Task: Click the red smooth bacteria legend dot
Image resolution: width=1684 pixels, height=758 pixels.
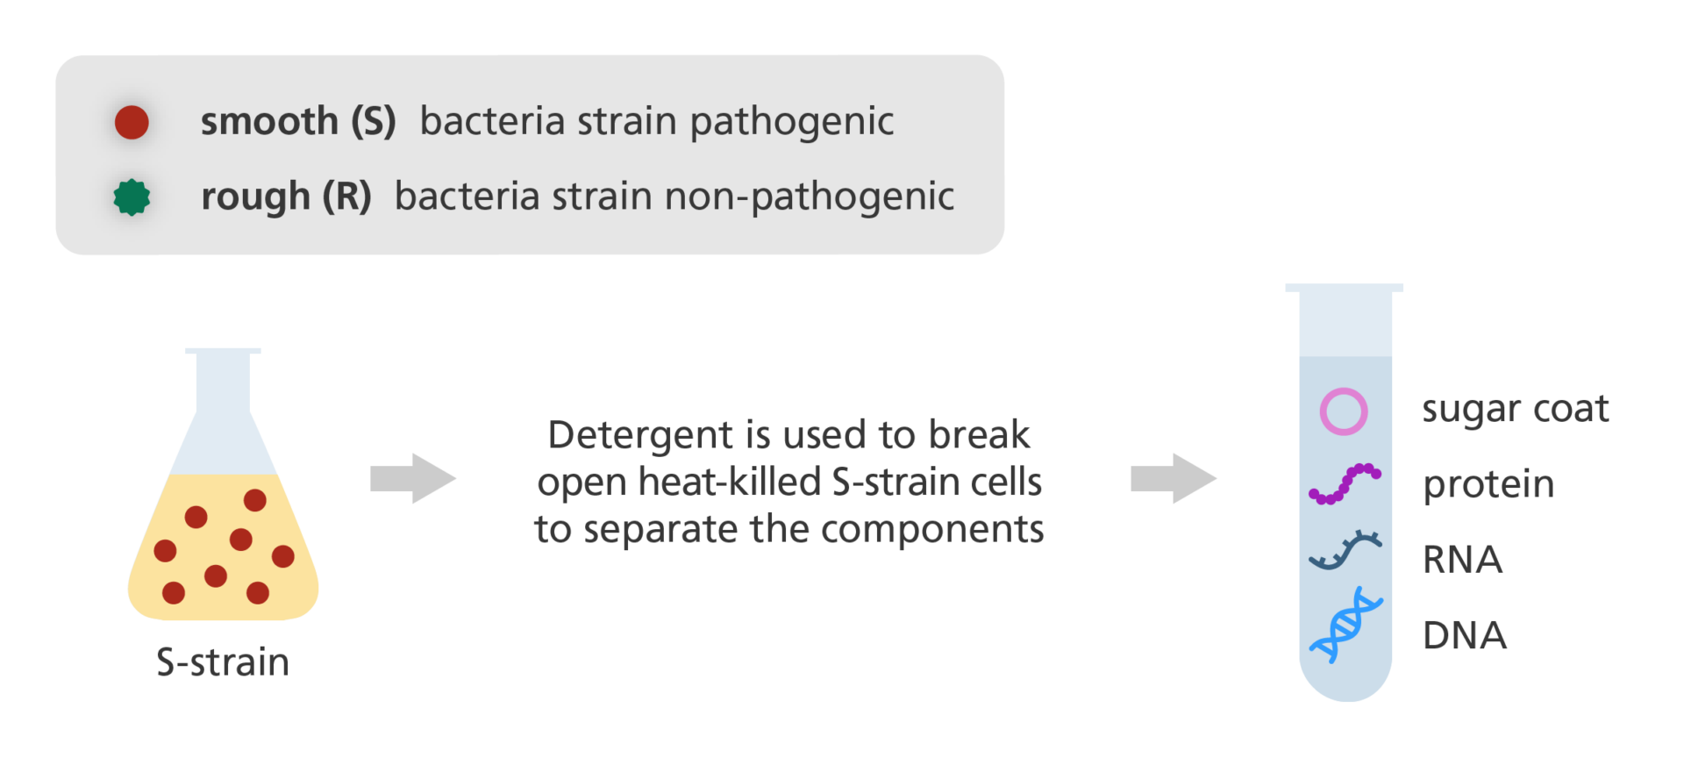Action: point(132,122)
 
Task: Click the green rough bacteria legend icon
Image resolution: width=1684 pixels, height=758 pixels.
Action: point(132,197)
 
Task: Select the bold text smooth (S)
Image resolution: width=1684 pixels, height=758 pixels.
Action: point(298,121)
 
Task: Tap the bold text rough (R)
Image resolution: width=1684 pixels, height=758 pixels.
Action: point(286,197)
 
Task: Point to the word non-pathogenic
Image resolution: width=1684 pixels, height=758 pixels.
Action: point(810,197)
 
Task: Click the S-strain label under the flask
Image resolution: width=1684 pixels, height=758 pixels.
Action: point(223,662)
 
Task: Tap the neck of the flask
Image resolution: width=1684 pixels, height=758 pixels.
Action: point(223,386)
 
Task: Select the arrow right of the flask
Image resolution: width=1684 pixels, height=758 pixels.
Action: point(413,478)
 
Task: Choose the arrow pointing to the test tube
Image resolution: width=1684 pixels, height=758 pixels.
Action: point(1174,478)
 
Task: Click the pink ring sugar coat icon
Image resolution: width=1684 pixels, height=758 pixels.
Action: point(1344,411)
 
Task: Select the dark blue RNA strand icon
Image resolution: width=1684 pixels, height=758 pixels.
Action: point(1345,550)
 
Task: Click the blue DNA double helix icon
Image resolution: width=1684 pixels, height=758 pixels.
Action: point(1345,625)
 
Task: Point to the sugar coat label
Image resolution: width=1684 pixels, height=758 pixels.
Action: point(1516,410)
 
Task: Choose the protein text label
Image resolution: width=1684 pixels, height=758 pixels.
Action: point(1488,485)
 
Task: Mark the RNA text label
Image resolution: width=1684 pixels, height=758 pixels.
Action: point(1462,560)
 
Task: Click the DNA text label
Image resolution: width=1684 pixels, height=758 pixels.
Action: point(1464,635)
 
